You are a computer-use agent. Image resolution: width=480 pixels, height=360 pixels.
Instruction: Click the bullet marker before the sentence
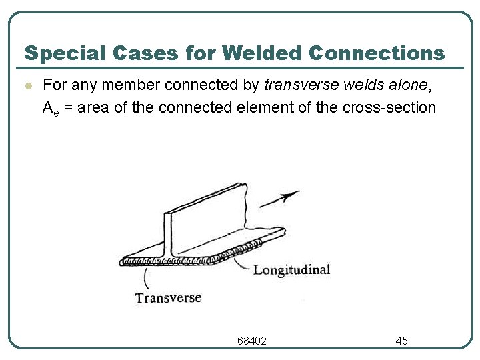pyautogui.click(x=27, y=86)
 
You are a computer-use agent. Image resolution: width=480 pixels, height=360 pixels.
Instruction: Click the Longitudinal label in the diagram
pyautogui.click(x=291, y=270)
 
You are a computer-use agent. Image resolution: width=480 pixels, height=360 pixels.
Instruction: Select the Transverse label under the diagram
pyautogui.click(x=168, y=298)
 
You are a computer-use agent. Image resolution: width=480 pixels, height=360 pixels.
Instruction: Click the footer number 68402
pyautogui.click(x=252, y=341)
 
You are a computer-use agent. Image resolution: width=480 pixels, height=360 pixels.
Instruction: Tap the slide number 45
pyautogui.click(x=401, y=341)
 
